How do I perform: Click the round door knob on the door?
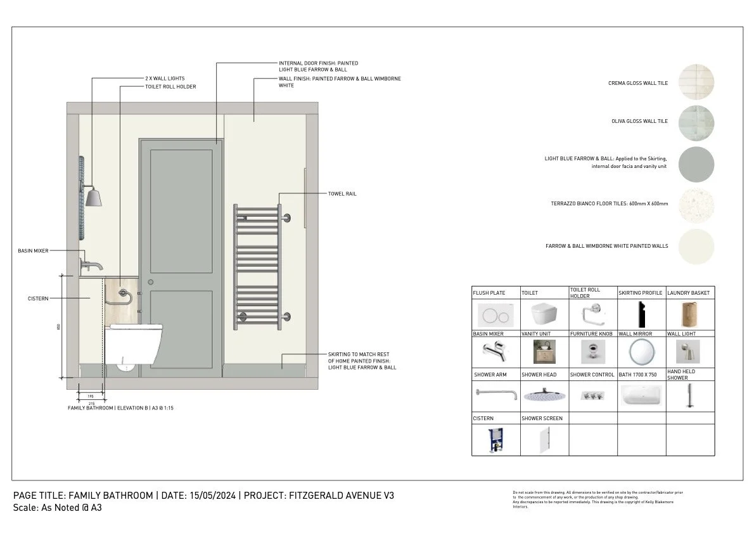150,281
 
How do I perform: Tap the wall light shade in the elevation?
94,197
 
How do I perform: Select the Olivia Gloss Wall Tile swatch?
696,121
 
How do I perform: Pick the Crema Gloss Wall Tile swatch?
696,82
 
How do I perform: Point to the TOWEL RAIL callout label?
342,194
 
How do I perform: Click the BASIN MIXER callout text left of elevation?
33,251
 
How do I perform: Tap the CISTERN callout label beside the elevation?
38,299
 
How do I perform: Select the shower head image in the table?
544,394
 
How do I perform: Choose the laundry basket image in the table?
689,314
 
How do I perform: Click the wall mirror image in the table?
641,351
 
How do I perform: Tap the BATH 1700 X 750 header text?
640,375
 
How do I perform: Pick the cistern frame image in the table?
495,439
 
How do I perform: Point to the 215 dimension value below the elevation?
91,402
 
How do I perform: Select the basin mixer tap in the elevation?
88,262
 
